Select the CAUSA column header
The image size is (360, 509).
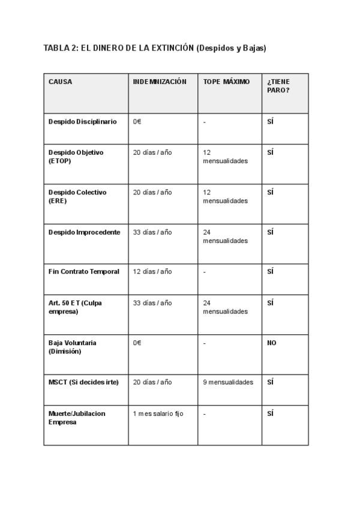(x=60, y=82)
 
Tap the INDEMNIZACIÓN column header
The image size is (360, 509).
(x=160, y=82)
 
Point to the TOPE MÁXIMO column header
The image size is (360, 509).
(x=226, y=82)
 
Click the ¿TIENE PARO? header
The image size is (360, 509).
(x=278, y=86)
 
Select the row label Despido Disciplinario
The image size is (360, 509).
(x=83, y=121)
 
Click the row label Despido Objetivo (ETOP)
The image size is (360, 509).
(x=76, y=157)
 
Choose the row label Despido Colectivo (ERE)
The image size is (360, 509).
(x=77, y=196)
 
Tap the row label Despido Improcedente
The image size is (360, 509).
(x=84, y=232)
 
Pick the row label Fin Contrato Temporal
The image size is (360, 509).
(x=84, y=271)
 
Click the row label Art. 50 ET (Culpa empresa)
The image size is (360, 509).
(x=75, y=307)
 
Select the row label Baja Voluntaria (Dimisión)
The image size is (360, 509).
(x=72, y=347)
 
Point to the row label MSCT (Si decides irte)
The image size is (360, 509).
(x=83, y=382)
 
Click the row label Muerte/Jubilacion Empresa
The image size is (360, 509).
(x=77, y=418)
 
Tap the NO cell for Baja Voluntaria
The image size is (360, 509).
(x=272, y=343)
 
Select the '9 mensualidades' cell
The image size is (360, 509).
(x=228, y=382)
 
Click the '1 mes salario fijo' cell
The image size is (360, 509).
(x=158, y=414)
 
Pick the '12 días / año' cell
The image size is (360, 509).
(x=152, y=271)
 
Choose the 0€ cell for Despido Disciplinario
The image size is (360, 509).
(x=137, y=121)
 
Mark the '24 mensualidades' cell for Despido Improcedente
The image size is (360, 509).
(x=225, y=236)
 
